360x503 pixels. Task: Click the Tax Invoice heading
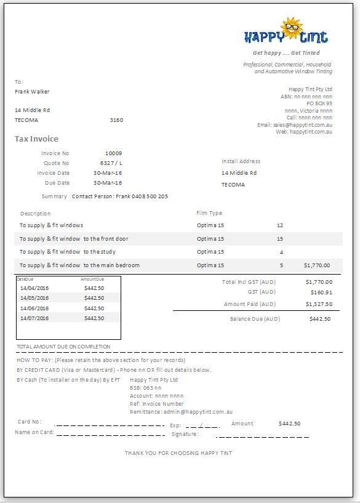[36, 139]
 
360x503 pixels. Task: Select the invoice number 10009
[113, 153]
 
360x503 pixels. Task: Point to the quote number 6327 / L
[111, 163]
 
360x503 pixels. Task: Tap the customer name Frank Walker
[32, 92]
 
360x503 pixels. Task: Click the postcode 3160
[116, 120]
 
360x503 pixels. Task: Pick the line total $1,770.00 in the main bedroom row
[317, 265]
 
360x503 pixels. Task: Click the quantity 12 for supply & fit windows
[280, 225]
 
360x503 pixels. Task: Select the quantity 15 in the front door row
[280, 239]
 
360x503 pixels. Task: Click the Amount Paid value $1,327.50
[319, 304]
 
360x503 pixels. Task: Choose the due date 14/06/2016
[34, 308]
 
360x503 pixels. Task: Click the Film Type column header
[209, 213]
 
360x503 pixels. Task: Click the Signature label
[185, 434]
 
